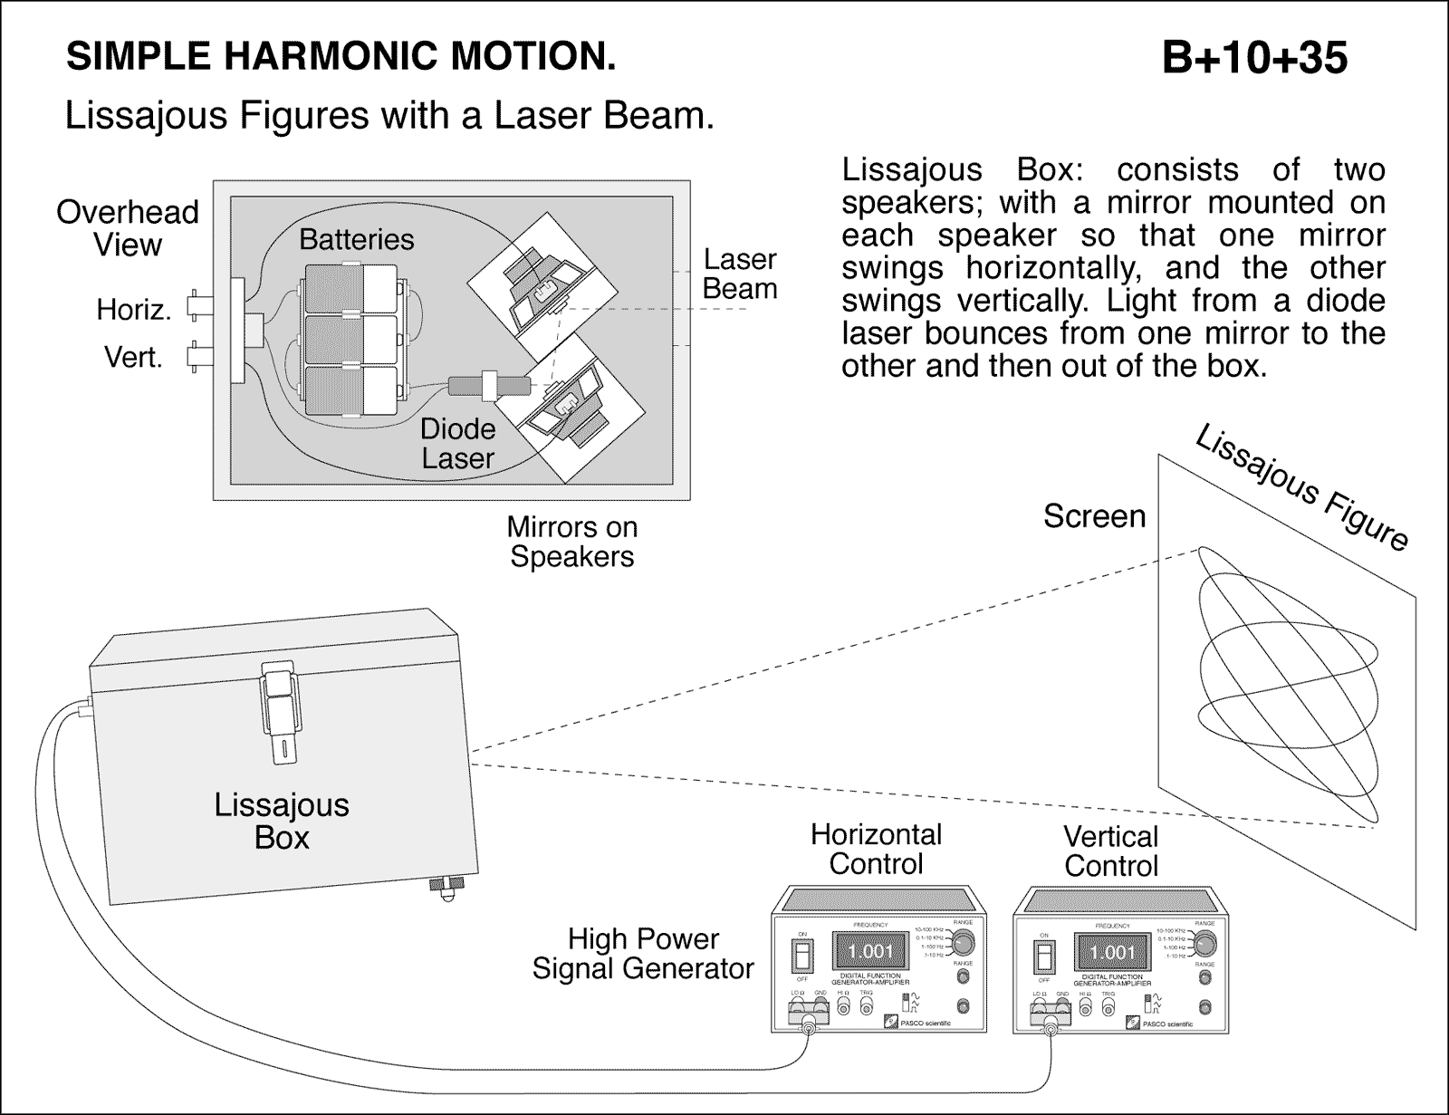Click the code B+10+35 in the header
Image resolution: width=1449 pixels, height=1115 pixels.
(1254, 58)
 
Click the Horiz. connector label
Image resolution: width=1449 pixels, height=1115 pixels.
(134, 311)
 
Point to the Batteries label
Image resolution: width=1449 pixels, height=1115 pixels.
(356, 239)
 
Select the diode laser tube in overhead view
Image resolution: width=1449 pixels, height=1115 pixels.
(490, 386)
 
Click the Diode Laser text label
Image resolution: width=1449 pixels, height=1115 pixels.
(457, 444)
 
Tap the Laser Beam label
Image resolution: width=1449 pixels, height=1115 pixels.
(740, 274)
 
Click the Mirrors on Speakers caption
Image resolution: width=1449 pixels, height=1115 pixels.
(571, 542)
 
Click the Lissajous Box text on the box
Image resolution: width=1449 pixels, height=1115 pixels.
(282, 821)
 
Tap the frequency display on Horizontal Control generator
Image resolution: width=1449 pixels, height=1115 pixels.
(870, 951)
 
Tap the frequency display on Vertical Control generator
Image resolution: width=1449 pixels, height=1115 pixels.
(1111, 952)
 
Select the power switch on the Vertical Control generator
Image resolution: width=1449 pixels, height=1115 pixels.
(1044, 958)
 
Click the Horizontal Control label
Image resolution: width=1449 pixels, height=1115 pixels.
(876, 849)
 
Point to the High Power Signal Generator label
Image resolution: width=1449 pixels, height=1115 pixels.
(643, 954)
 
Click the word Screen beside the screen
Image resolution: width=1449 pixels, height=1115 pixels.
(1094, 516)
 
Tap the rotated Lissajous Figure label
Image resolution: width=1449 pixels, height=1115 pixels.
(1302, 487)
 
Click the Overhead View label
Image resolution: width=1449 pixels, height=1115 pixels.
(128, 228)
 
